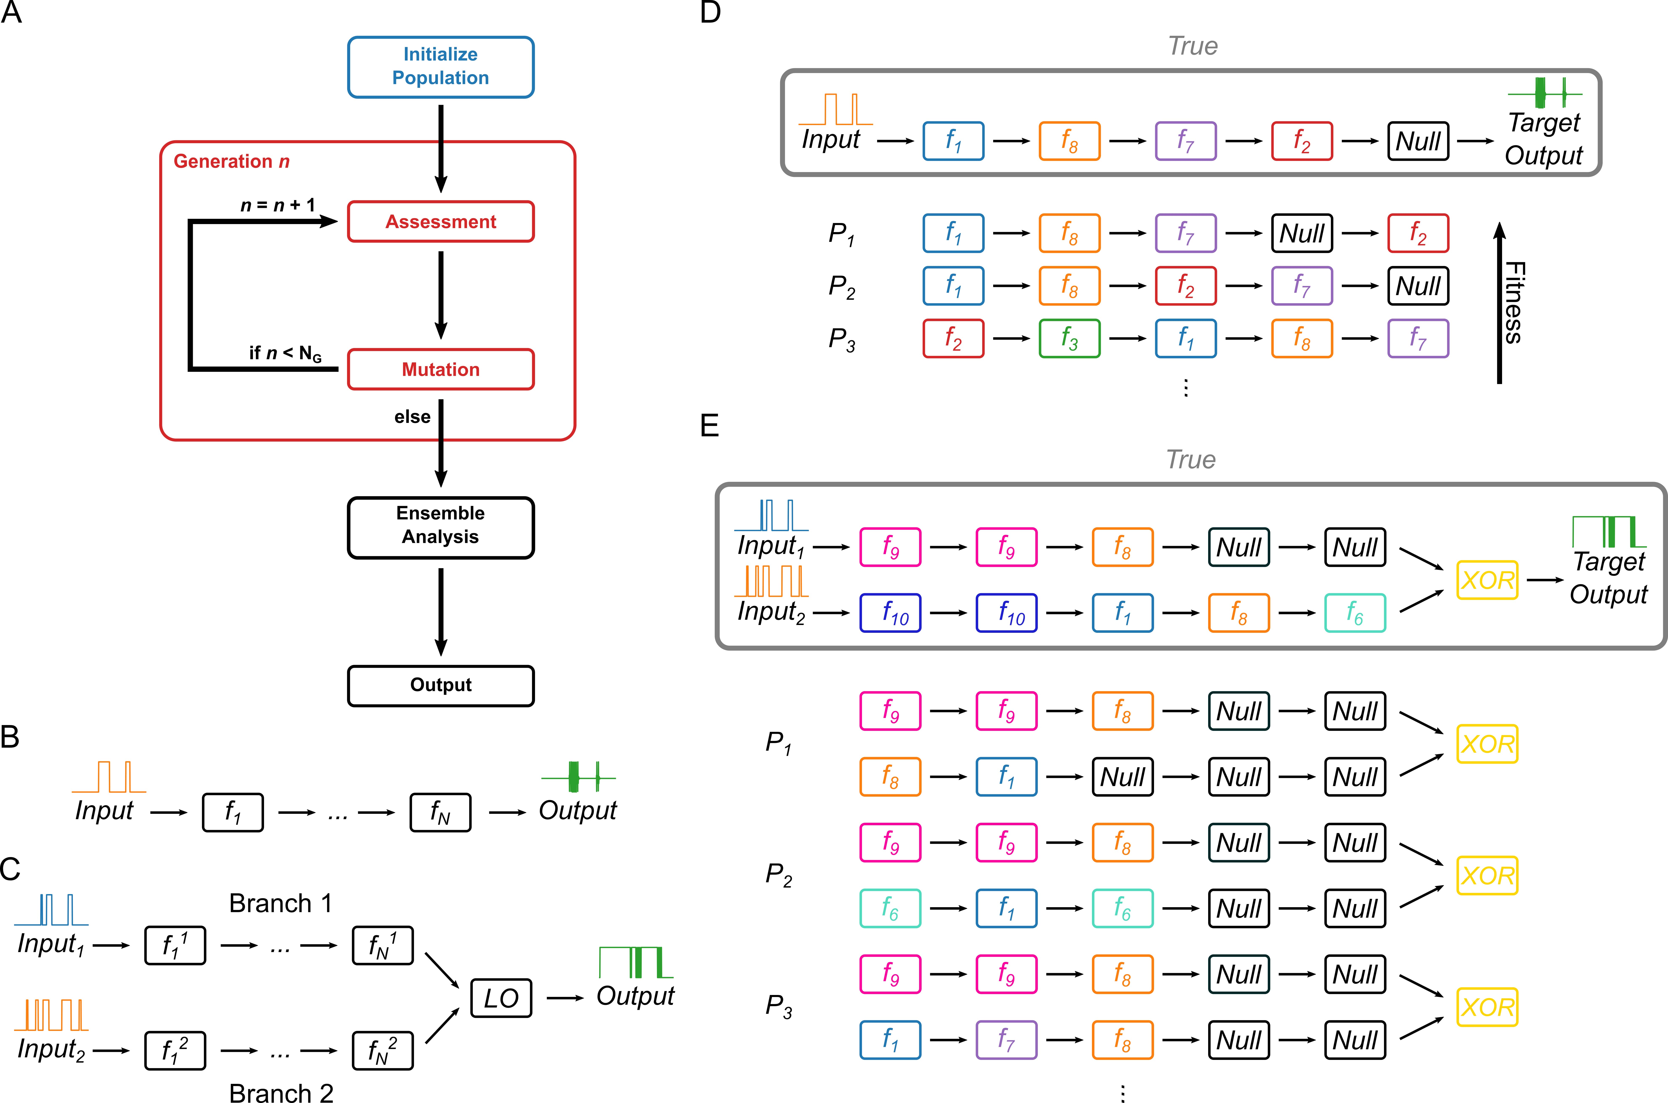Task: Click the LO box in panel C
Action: [501, 998]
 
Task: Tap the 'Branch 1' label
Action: [280, 903]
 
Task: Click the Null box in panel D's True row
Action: [1418, 141]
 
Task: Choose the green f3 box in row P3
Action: [1069, 338]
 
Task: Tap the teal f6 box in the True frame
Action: [1354, 613]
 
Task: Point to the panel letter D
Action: [710, 13]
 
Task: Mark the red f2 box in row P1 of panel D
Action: [1418, 233]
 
